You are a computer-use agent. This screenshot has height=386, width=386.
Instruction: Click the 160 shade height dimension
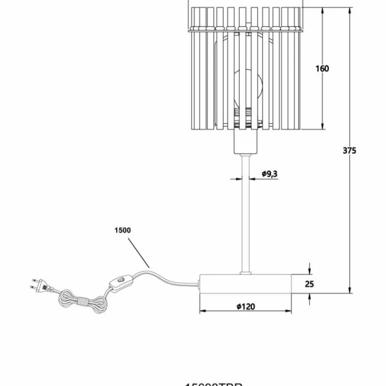point(322,69)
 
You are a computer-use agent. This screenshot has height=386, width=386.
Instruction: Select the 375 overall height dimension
point(349,150)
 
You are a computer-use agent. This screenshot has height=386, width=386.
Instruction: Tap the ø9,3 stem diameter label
point(270,174)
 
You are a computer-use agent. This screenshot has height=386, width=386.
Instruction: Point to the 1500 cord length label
point(123,230)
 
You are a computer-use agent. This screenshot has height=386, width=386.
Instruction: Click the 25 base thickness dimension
point(309,284)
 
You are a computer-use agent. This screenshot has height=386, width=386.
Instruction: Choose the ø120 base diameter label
point(246,306)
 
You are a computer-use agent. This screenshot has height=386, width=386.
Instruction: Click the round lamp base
point(246,283)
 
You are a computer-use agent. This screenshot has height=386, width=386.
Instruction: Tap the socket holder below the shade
point(246,141)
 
